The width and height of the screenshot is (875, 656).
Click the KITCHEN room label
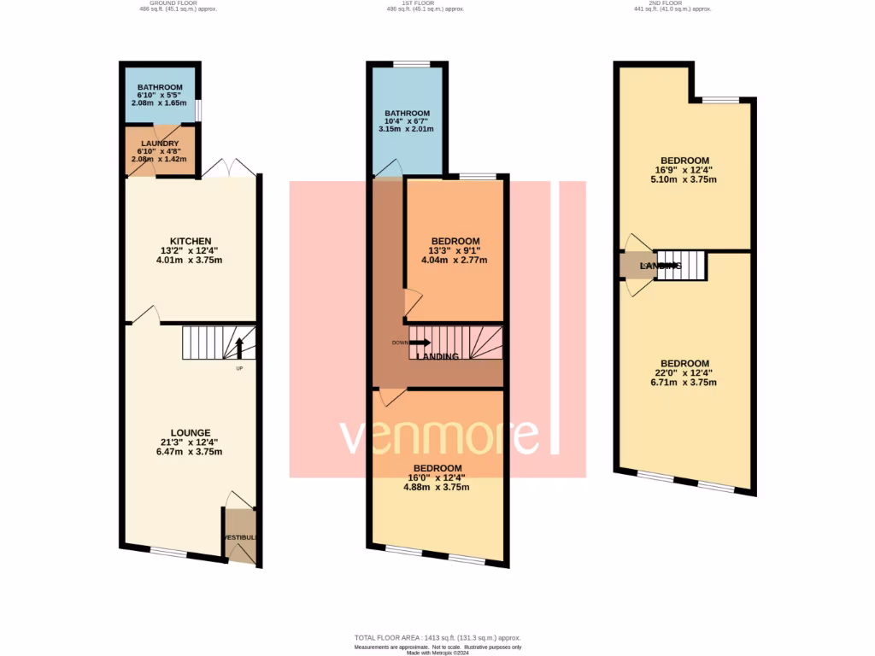(x=189, y=241)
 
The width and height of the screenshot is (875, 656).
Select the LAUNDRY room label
(x=160, y=143)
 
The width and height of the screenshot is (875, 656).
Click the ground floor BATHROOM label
(x=160, y=87)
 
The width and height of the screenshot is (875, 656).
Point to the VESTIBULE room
(x=240, y=536)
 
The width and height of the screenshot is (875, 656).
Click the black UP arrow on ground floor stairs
(x=239, y=348)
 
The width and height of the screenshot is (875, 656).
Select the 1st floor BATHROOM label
(x=407, y=113)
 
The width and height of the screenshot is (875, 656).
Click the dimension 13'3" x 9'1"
(x=455, y=250)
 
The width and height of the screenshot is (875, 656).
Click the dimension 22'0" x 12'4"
(x=684, y=372)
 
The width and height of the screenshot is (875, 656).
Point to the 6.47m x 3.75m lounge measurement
(x=189, y=452)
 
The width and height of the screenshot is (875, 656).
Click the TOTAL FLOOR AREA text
(x=437, y=638)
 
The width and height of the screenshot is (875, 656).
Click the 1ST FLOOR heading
(x=420, y=3)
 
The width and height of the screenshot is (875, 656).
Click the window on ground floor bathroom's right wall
(x=199, y=111)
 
